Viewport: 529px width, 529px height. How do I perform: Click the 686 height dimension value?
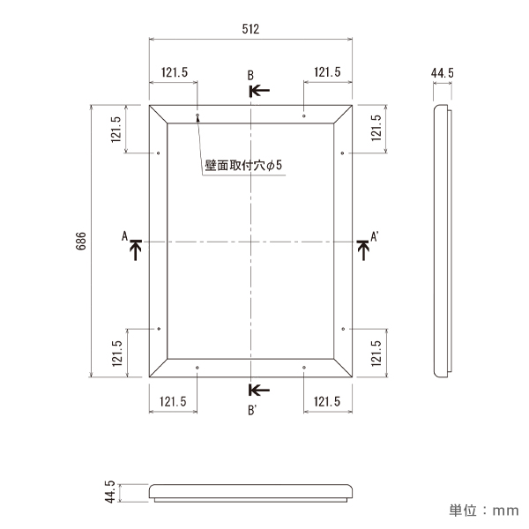tap(80, 241)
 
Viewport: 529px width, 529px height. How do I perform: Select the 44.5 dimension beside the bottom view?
tap(110, 493)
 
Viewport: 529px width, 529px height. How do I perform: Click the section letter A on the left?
tap(125, 235)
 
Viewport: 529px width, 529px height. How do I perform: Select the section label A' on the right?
tap(374, 236)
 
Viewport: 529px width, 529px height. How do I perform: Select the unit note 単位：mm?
tap(483, 510)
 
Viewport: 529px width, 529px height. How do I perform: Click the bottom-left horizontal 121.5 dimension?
tap(174, 401)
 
